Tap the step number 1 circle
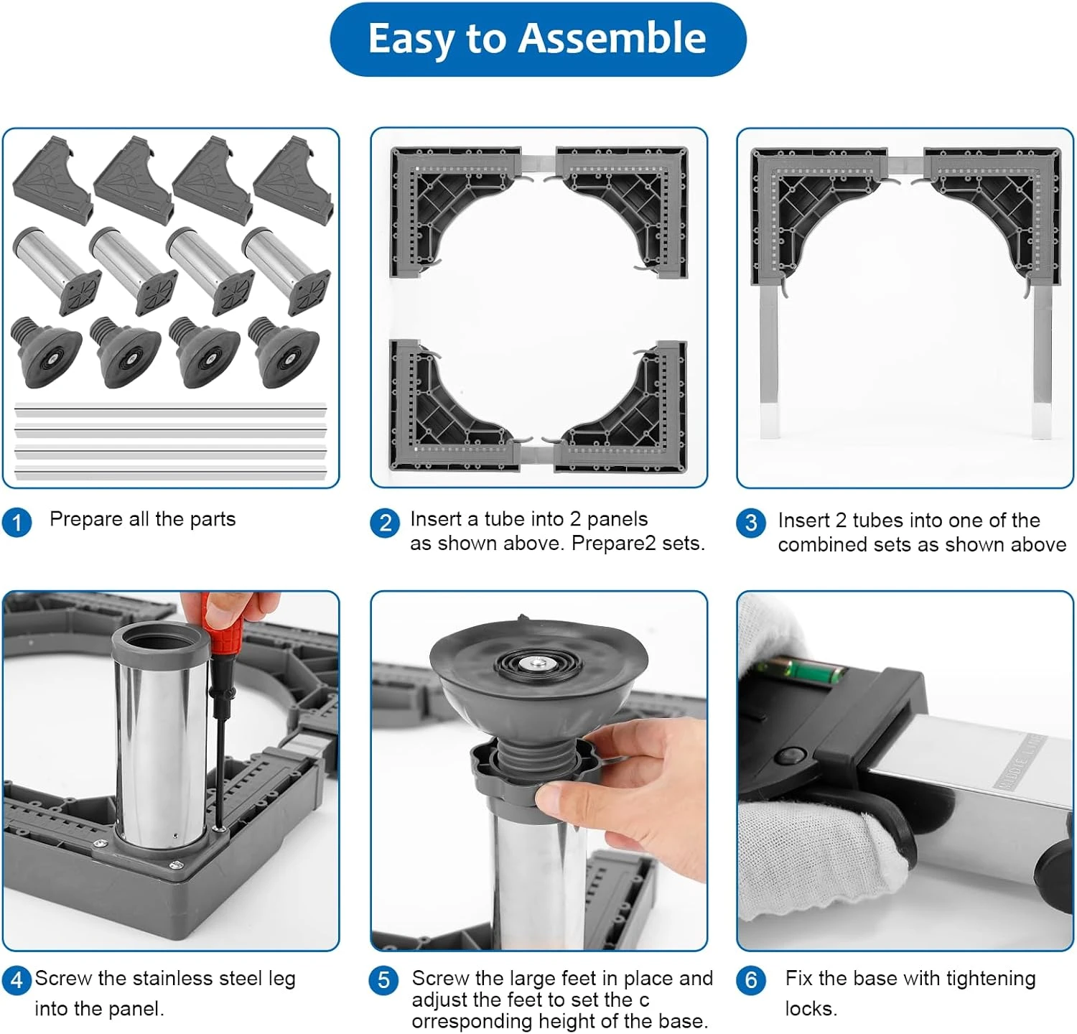17,521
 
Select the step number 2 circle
385,522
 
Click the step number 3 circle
751,522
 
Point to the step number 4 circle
17,979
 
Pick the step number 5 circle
383,980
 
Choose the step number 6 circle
751,980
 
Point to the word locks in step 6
810,1009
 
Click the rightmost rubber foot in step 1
284,352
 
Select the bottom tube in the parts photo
170,472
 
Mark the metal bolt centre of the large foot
535,663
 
